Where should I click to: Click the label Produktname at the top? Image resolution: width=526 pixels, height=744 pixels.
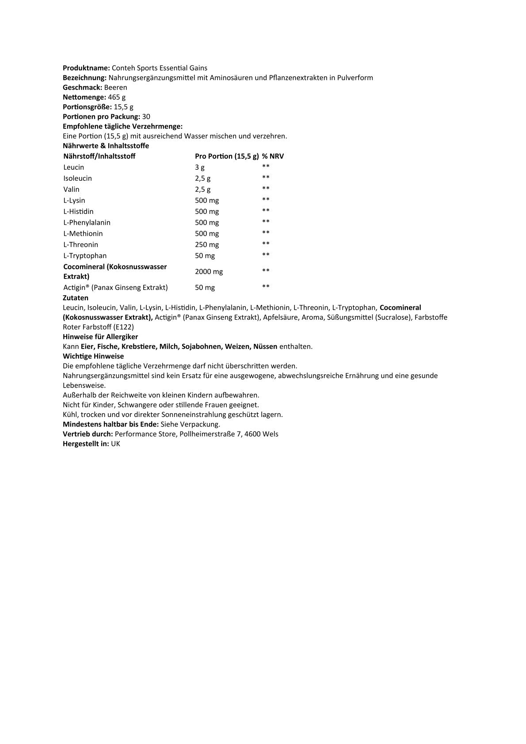(86, 68)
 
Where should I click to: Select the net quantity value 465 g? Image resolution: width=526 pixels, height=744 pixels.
(117, 97)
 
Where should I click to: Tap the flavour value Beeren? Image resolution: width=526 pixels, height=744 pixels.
(115, 88)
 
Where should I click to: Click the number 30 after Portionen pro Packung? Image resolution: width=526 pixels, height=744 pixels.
(146, 117)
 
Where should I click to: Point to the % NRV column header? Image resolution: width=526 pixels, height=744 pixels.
(273, 156)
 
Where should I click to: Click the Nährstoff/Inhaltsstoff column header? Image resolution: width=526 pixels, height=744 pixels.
(99, 156)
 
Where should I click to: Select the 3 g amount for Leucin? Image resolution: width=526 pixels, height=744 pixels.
(200, 167)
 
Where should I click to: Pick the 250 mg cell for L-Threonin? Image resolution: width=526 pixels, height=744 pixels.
(207, 244)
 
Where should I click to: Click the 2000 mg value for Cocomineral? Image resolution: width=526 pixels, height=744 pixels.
(209, 271)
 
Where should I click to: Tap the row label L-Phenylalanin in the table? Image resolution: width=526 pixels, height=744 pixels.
(87, 222)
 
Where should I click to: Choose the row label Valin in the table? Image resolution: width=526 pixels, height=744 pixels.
(71, 189)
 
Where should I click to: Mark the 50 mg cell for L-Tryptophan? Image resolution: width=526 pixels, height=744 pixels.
(205, 256)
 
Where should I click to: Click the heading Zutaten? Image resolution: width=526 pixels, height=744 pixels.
(76, 298)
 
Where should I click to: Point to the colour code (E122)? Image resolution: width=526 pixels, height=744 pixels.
(124, 327)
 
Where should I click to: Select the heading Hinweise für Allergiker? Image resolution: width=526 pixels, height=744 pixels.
(100, 337)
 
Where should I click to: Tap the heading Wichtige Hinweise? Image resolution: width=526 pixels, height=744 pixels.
(93, 356)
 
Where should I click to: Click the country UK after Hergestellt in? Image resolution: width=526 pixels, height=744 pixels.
(115, 444)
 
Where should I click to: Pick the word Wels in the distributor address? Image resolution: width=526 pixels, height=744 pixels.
(271, 434)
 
